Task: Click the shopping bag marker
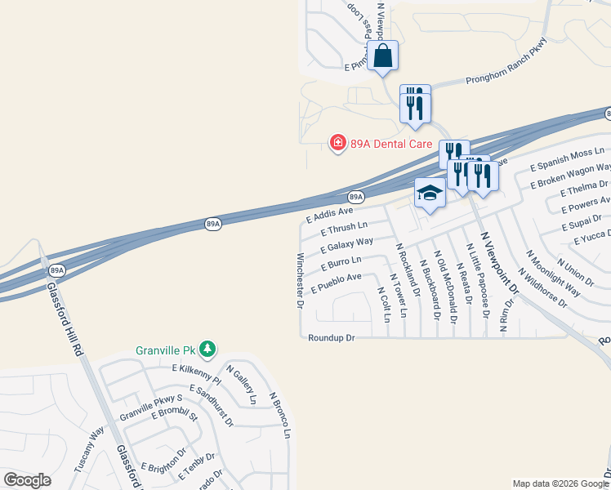382,56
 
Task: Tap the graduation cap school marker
430,194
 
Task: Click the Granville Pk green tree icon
208,350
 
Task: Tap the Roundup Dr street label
332,337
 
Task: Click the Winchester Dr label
300,280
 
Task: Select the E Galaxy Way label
347,244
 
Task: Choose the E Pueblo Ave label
337,283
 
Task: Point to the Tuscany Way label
89,448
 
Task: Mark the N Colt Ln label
385,303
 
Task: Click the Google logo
27,480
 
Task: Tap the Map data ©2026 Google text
560,483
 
